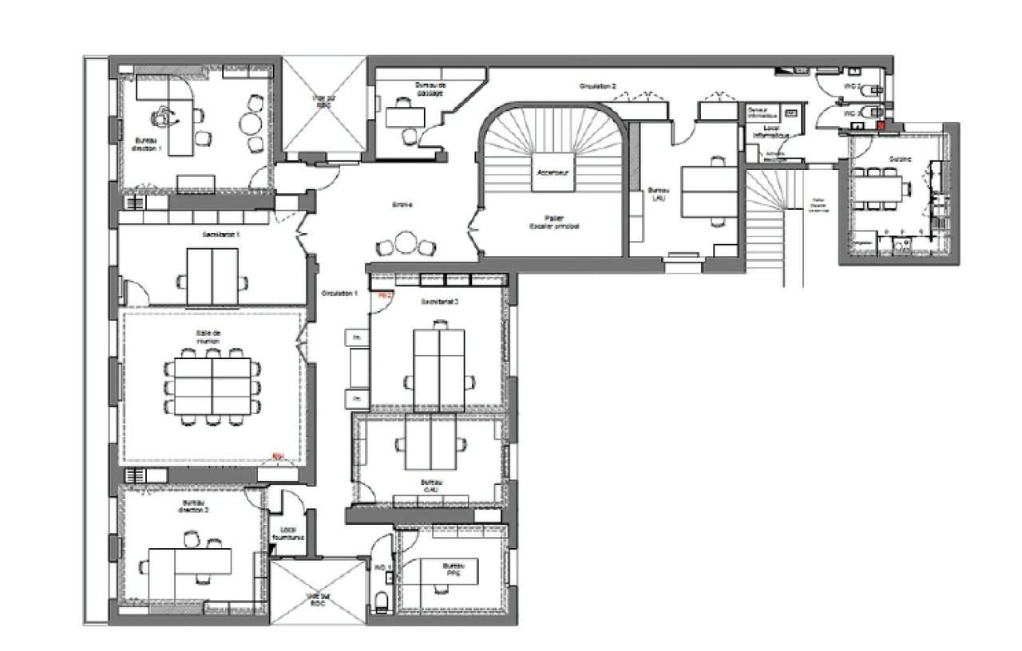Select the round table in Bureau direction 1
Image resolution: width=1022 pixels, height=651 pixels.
click(x=251, y=124)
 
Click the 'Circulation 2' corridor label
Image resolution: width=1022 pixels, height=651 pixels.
click(x=597, y=85)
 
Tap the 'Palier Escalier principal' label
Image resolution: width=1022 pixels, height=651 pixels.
click(x=553, y=222)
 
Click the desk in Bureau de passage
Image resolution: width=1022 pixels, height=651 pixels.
click(x=406, y=117)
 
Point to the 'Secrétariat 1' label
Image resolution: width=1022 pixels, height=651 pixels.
click(x=221, y=235)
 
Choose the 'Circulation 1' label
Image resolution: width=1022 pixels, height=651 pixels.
click(x=339, y=294)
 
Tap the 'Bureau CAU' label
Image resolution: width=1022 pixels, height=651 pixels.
click(x=431, y=486)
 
